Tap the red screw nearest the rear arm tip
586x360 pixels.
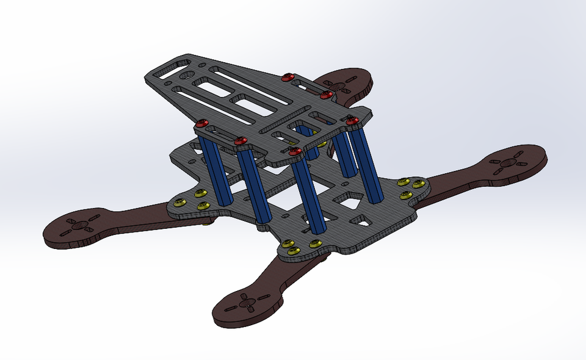pyautogui.click(x=327, y=95)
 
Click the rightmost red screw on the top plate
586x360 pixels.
pyautogui.click(x=352, y=122)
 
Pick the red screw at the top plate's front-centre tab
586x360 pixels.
pyautogui.click(x=295, y=151)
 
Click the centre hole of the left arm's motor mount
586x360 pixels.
pyautogui.click(x=79, y=225)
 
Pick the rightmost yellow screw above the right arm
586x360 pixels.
pyautogui.click(x=419, y=184)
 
